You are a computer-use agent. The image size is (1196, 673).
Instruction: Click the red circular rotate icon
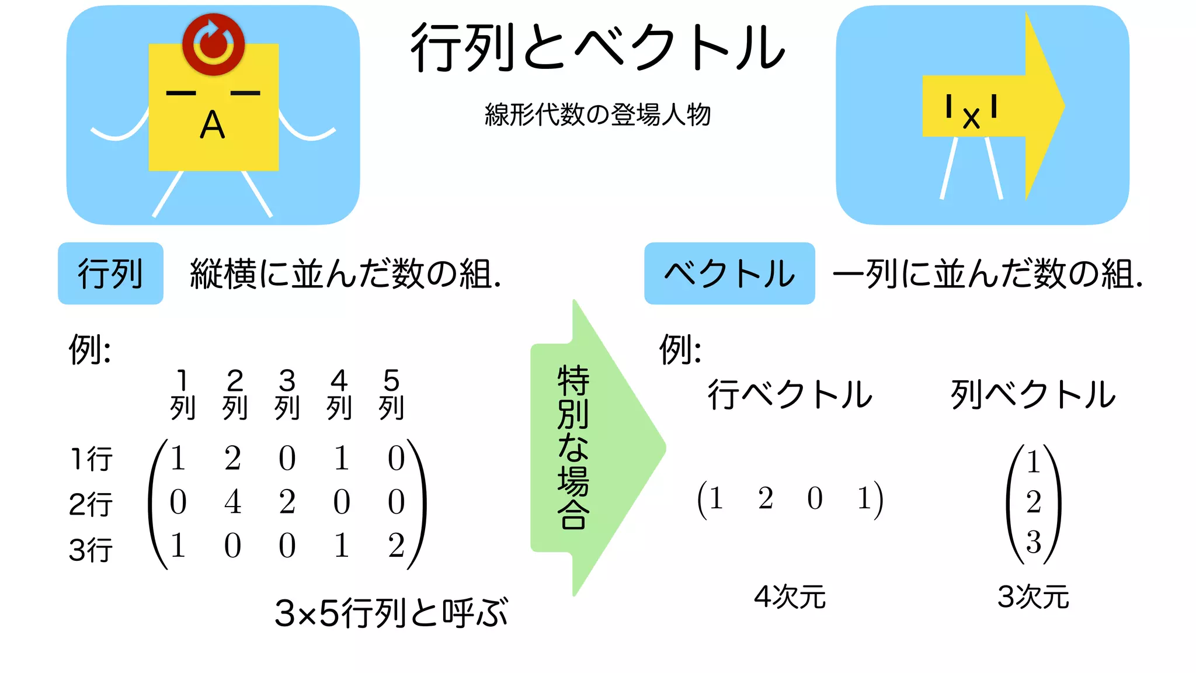click(x=213, y=44)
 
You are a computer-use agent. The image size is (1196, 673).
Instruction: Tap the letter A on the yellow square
click(x=213, y=126)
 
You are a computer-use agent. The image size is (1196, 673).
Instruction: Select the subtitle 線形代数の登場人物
click(x=597, y=115)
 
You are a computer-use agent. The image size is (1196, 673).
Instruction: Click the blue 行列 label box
click(x=110, y=273)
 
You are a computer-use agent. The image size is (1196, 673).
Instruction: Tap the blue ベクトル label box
click(x=729, y=273)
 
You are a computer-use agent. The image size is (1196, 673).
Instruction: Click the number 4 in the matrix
click(x=232, y=502)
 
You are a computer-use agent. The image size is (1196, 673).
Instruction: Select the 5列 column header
click(x=391, y=394)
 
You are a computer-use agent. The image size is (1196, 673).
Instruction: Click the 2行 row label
click(x=91, y=504)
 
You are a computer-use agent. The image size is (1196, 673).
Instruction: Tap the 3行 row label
click(x=91, y=550)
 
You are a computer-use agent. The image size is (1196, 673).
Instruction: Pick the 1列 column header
click(x=182, y=394)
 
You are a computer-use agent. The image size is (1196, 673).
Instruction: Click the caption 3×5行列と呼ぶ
click(x=391, y=613)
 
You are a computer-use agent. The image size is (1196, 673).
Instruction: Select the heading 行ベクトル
click(x=790, y=394)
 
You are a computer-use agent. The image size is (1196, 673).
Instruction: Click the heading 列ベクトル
click(x=1033, y=394)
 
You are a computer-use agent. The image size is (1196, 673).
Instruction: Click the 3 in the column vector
click(x=1033, y=542)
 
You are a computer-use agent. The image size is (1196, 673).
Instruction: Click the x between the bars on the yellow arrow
click(x=971, y=119)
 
